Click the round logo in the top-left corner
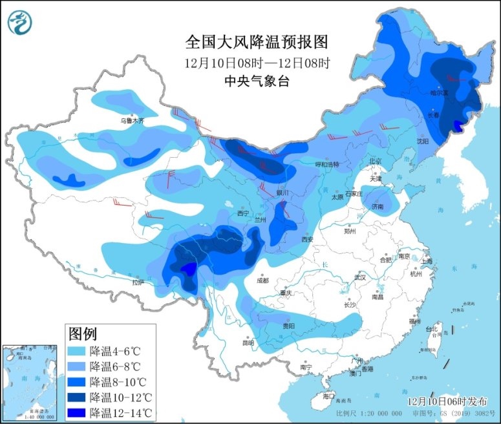pyautogui.click(x=21, y=23)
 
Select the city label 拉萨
pyautogui.click(x=138, y=282)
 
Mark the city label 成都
pyautogui.click(x=262, y=281)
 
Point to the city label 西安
pyautogui.click(x=307, y=239)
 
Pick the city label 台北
pyautogui.click(x=431, y=329)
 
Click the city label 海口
pyautogui.click(x=329, y=396)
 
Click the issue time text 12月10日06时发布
pyautogui.click(x=447, y=401)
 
